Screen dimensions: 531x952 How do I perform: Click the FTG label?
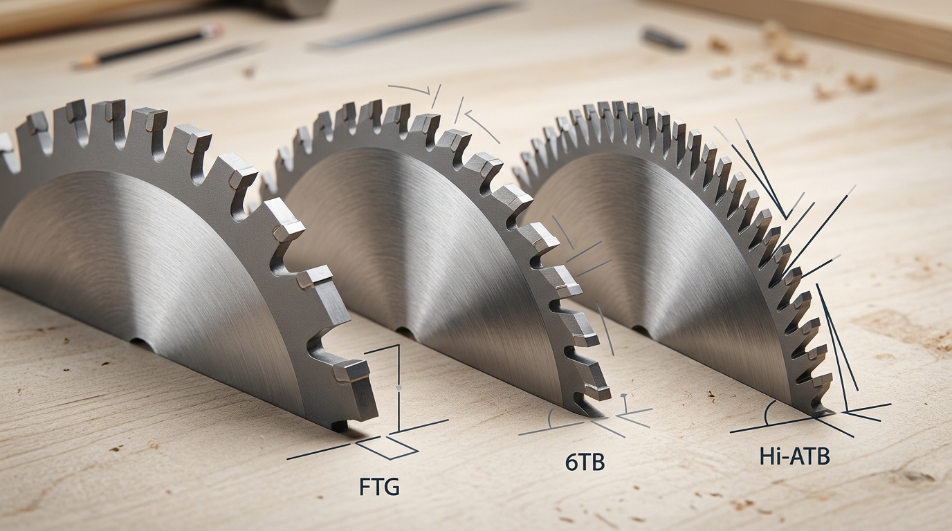380,487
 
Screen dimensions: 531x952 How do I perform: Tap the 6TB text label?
585,463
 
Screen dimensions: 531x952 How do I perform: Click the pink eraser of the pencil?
217,30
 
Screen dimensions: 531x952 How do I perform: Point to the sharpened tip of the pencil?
77,66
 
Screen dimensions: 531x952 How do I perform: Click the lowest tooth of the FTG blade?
354,371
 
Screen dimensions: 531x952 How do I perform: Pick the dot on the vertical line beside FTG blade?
399,390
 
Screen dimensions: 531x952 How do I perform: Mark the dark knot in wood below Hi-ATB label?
917,476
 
